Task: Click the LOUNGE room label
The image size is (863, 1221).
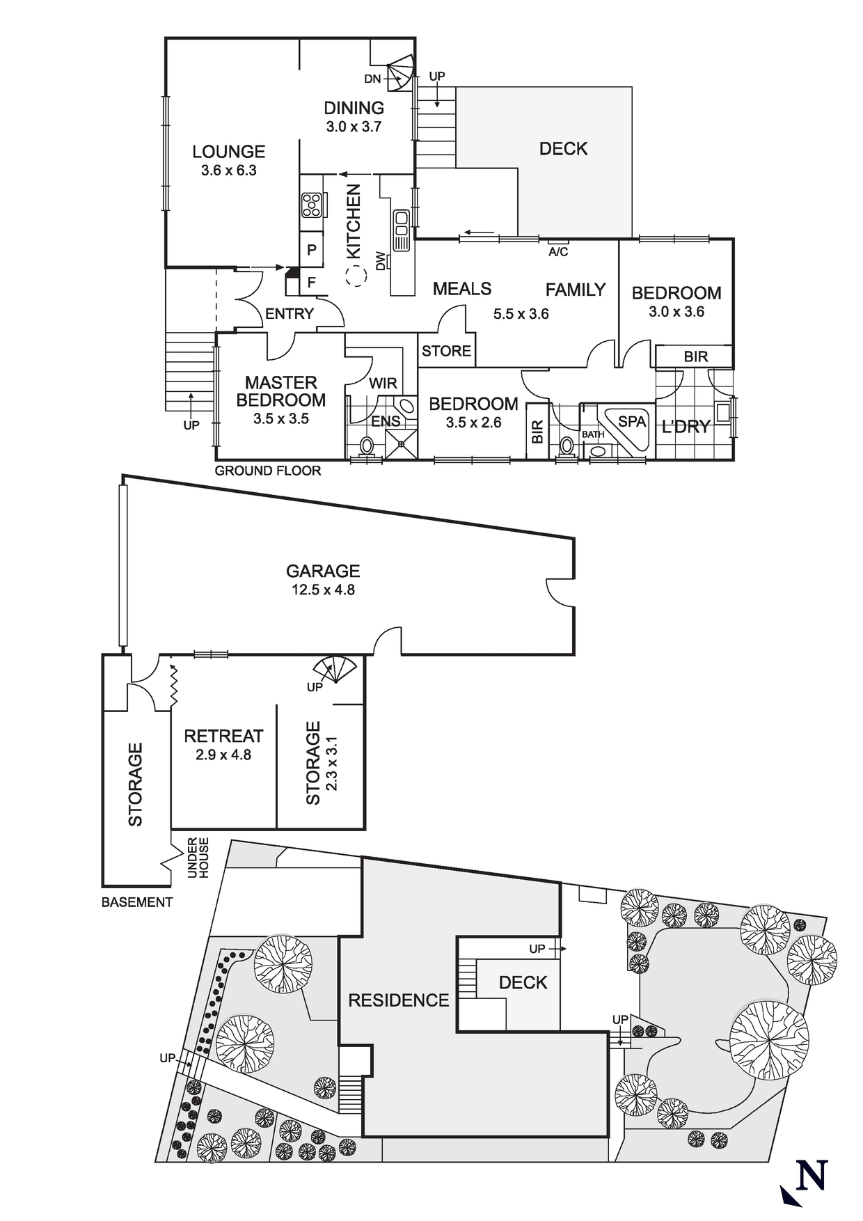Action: [x=228, y=152]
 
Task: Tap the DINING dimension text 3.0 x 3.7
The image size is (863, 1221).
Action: [x=354, y=127]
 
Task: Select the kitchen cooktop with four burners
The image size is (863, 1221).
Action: [x=311, y=205]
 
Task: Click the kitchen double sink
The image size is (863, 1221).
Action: [x=401, y=229]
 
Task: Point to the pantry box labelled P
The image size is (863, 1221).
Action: [x=311, y=250]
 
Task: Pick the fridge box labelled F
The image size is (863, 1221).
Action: [x=311, y=283]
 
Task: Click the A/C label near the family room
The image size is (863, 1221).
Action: [x=558, y=252]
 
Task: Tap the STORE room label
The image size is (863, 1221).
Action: [x=446, y=351]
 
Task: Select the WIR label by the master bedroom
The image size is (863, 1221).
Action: [x=383, y=383]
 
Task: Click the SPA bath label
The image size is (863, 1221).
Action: [x=632, y=421]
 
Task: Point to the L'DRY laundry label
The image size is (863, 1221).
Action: [x=685, y=427]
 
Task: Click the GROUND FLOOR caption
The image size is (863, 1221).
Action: [x=268, y=471]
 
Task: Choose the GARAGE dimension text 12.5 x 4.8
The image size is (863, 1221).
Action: [x=323, y=590]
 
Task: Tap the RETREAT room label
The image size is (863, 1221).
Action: [x=223, y=736]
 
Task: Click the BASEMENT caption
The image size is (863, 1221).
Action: [x=137, y=902]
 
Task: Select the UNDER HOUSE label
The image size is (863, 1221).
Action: [x=198, y=858]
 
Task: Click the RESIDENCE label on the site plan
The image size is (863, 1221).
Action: [x=398, y=1000]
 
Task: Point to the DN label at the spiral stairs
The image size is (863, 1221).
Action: [x=372, y=79]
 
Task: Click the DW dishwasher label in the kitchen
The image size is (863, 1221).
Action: [x=381, y=262]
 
